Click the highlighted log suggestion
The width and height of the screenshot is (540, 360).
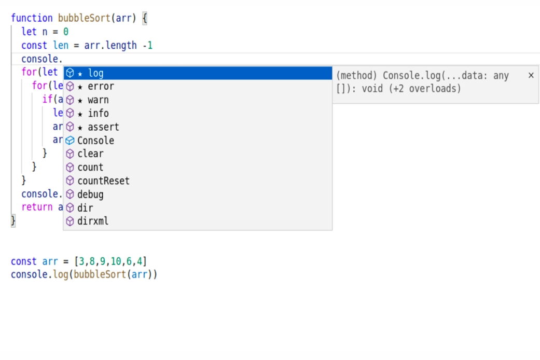click(198, 73)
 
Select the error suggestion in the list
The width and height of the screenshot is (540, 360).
click(198, 87)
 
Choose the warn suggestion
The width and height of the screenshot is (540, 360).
click(198, 100)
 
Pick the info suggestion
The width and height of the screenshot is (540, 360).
click(198, 113)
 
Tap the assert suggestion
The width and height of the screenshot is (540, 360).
click(198, 127)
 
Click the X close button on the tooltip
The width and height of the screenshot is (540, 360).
click(531, 75)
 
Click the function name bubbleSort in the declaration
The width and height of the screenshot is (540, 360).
click(84, 18)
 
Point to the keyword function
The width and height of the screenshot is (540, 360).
click(32, 18)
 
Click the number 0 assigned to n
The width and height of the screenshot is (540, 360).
click(66, 32)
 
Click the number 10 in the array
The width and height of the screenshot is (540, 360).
click(116, 261)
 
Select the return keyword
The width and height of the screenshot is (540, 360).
click(37, 207)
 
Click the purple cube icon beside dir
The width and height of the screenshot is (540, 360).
click(70, 207)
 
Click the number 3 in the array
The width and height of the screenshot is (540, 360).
click(81, 261)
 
